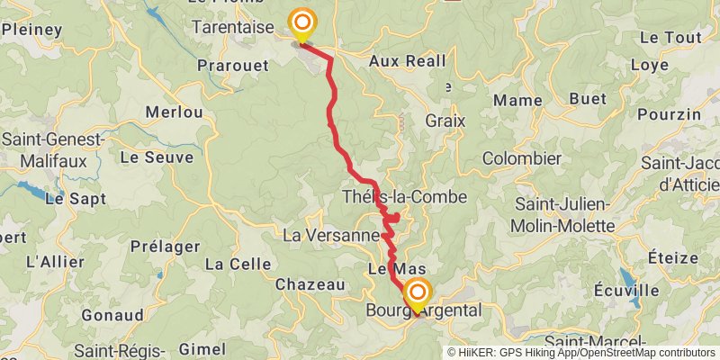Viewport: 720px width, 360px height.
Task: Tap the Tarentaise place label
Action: [x=232, y=28]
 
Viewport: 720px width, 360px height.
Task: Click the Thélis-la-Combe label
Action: [x=404, y=197]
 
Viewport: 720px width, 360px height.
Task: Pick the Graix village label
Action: [x=445, y=120]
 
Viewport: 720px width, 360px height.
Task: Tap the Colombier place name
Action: [x=522, y=158]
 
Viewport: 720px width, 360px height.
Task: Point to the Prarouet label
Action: [x=232, y=67]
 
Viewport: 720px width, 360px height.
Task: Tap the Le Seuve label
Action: [x=156, y=157]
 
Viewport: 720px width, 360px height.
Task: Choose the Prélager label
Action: [x=165, y=245]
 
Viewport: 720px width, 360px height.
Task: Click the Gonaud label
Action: [x=112, y=316]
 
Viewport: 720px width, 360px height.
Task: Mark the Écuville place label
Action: [x=626, y=291]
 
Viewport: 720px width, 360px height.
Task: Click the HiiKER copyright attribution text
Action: [x=581, y=353]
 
